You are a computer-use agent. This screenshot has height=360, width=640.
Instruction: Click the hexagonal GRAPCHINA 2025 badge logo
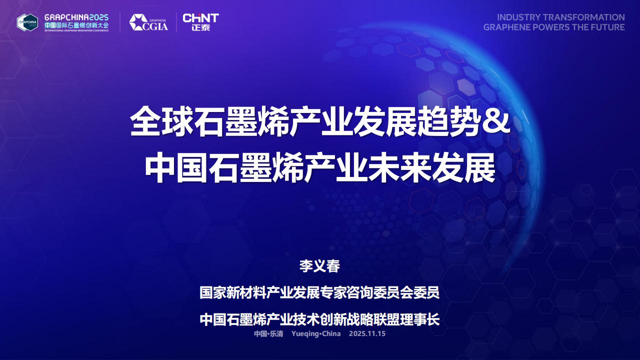(x=27, y=22)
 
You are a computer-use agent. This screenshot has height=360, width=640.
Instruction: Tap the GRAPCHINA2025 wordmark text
(x=76, y=17)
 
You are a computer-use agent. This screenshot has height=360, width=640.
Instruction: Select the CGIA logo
(x=148, y=22)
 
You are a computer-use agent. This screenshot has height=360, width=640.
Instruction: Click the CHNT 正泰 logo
(x=200, y=22)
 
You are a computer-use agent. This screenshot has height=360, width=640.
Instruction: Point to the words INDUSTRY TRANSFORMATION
(x=560, y=17)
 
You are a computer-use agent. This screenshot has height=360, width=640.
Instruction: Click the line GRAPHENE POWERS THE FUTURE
(x=554, y=27)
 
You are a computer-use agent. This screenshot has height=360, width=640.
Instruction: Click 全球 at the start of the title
(x=161, y=121)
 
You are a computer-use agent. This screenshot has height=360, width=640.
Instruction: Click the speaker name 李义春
(x=319, y=266)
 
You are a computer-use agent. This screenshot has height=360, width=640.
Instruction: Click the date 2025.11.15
(x=367, y=333)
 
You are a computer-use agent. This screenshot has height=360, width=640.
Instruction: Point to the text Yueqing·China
(x=316, y=333)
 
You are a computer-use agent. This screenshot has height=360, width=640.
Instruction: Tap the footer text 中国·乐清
(x=268, y=333)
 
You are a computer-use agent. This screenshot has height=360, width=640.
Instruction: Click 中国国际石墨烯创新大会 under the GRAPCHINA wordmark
(x=76, y=25)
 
